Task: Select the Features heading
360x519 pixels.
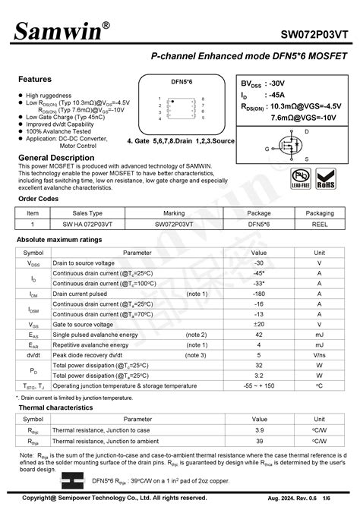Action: [x=35, y=79]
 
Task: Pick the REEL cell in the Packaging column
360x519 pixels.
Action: [x=320, y=225]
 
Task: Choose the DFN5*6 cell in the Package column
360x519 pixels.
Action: [x=259, y=225]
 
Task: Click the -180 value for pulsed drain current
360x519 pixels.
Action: [x=259, y=294]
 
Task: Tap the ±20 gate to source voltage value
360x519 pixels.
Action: [x=259, y=324]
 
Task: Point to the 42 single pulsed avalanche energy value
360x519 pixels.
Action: [x=259, y=335]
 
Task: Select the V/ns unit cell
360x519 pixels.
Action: [x=320, y=355]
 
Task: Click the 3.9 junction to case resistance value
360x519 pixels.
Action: [x=259, y=429]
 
